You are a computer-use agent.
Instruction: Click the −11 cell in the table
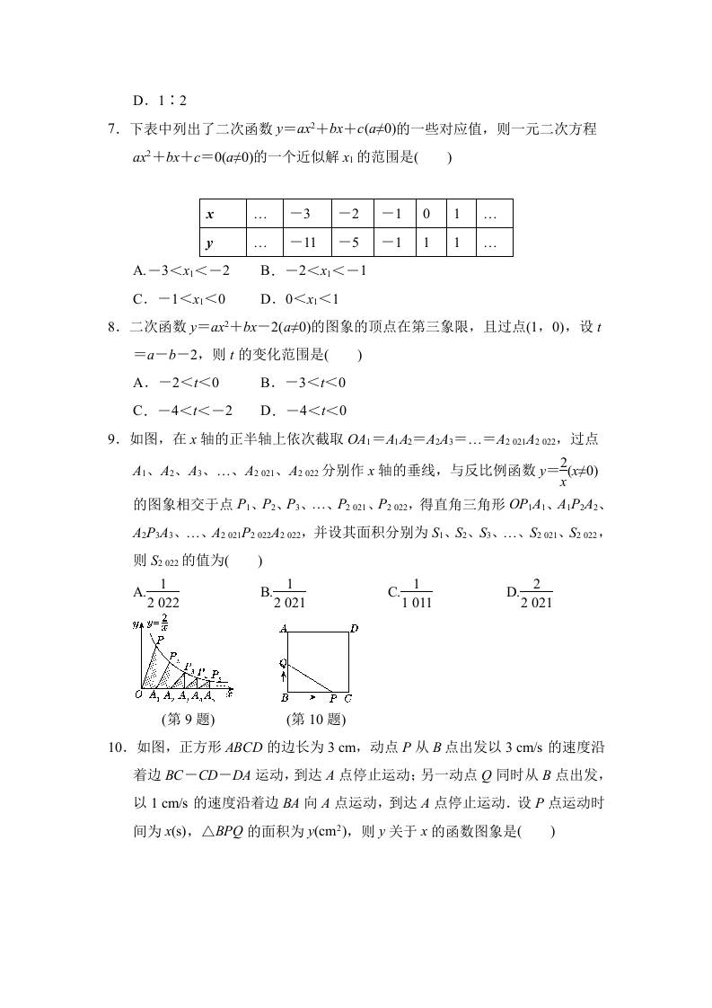pos(305,243)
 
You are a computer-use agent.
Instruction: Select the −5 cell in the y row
pos(352,243)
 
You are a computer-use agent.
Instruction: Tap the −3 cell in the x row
pos(305,215)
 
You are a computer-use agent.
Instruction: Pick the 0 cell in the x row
pos(426,215)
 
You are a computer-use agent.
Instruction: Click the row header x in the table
pos(210,215)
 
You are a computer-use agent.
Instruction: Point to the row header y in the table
pos(210,243)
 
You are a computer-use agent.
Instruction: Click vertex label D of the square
pos(354,629)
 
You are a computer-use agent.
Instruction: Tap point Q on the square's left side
pos(282,663)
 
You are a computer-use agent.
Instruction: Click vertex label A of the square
pos(283,629)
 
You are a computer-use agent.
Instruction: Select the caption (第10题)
pos(315,719)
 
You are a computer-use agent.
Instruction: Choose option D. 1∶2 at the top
pos(159,102)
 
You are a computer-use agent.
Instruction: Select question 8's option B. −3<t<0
pos(303,383)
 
